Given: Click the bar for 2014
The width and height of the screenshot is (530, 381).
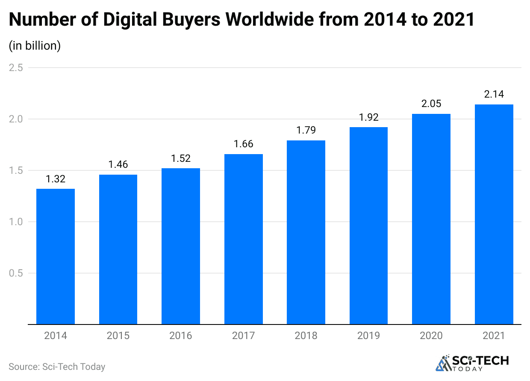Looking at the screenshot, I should [x=56, y=256].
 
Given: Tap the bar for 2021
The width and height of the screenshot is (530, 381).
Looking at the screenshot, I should [x=494, y=214].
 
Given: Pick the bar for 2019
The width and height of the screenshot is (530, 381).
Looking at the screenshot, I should [x=368, y=226].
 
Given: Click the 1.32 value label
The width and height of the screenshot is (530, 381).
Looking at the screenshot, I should [x=56, y=179].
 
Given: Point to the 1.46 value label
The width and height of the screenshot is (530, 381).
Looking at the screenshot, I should [x=118, y=165].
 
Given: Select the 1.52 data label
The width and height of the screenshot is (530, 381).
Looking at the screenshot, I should [x=181, y=158].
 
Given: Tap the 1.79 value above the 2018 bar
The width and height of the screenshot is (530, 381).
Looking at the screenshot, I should [x=306, y=131].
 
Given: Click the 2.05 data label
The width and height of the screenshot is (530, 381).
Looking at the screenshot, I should [x=431, y=104].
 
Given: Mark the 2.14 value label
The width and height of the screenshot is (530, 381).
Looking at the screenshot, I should [x=494, y=95].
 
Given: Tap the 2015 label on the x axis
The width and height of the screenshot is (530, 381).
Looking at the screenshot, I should [x=118, y=336].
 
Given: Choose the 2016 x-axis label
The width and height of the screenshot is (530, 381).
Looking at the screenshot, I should [x=181, y=336].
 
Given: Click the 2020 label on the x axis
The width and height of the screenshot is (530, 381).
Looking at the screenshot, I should [x=431, y=336].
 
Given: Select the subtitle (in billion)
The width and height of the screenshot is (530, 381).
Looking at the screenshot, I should [x=35, y=45].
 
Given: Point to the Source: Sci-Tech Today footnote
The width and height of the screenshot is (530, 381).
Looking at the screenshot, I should [x=57, y=366].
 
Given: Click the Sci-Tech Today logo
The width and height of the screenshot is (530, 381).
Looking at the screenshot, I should [x=472, y=363].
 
